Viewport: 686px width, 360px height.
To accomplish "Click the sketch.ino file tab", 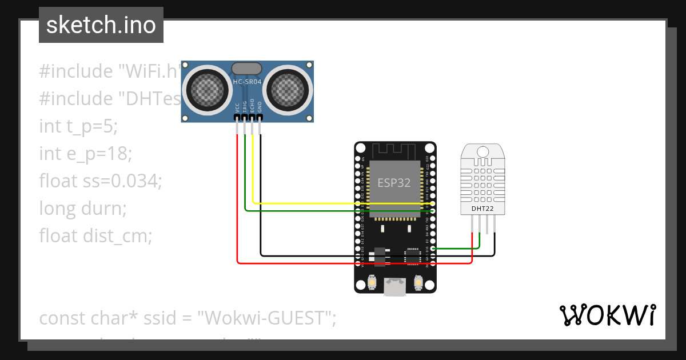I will click(x=101, y=25).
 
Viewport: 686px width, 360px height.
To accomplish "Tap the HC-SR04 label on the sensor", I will click(x=247, y=82).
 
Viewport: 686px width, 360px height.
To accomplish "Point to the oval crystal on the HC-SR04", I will click(x=247, y=69).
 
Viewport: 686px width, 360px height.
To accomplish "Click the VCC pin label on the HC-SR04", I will click(x=237, y=107).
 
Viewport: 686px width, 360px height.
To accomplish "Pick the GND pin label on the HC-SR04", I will click(x=260, y=107).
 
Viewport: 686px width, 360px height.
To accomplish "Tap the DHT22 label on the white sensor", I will click(x=482, y=209).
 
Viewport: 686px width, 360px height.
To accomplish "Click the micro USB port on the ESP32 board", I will click(x=394, y=287).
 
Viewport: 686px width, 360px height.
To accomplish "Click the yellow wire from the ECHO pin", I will click(x=343, y=203).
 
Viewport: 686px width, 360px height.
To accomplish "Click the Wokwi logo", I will click(x=607, y=315).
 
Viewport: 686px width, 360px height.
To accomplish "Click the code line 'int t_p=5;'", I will click(x=78, y=126).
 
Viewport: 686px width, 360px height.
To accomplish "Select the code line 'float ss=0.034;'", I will click(x=101, y=181).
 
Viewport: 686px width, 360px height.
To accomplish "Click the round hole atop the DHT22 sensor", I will click(x=483, y=151).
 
